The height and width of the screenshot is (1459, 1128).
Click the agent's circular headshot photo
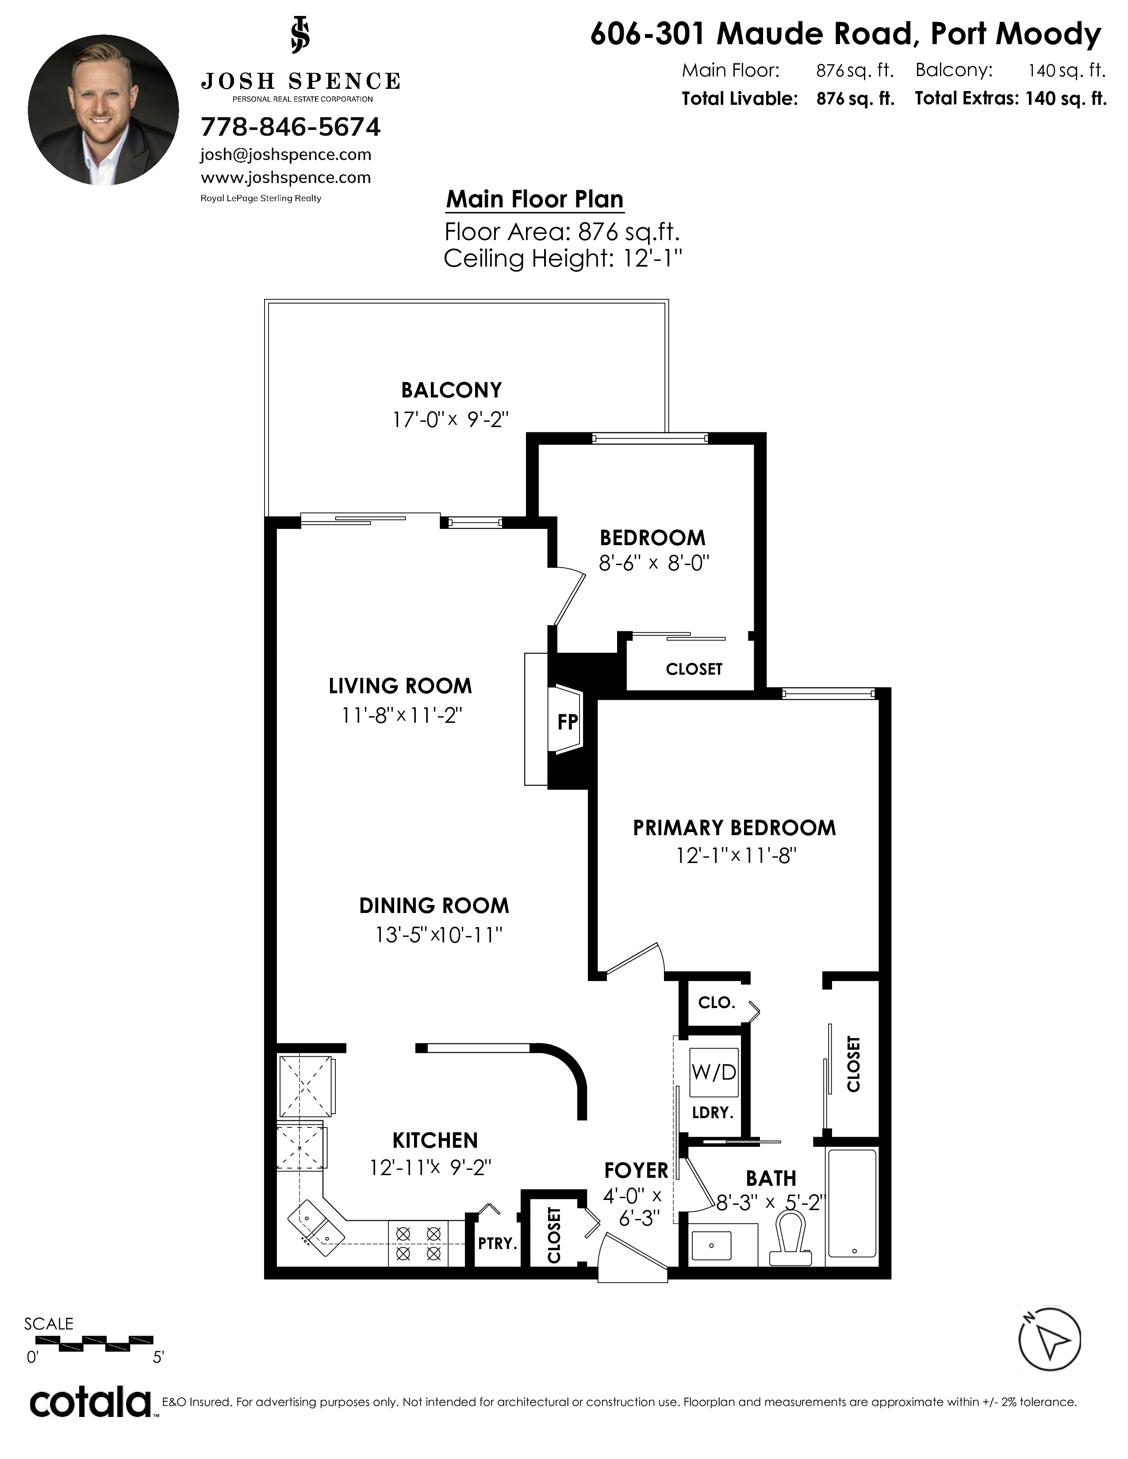coord(104,110)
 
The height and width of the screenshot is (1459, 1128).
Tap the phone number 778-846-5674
coord(291,127)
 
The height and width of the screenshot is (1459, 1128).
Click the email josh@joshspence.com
coord(286,155)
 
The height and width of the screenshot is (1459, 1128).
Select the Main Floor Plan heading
coord(535,199)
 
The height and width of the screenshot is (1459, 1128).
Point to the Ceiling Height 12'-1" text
coord(563,259)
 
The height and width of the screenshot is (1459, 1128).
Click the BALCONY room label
coord(451,390)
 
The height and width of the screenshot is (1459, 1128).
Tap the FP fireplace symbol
coord(567,722)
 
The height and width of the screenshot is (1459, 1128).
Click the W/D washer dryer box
coord(714,1072)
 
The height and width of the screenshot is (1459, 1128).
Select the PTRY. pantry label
coord(497,1243)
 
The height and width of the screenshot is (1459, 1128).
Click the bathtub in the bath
coord(852,1203)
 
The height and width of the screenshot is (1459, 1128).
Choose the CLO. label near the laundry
coord(716,1002)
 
